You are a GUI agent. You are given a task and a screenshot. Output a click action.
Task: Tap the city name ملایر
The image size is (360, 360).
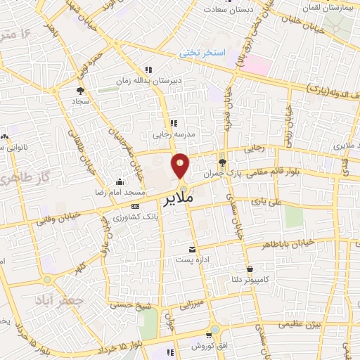[188, 200]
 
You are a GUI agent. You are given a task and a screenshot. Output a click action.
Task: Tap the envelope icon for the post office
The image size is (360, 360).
[192, 249]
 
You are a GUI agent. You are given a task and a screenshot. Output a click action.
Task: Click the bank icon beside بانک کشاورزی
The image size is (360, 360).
[135, 206]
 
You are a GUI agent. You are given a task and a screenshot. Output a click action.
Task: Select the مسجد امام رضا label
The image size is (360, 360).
[124, 192]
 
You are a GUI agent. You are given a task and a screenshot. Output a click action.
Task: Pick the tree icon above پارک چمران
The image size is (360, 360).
[222, 162]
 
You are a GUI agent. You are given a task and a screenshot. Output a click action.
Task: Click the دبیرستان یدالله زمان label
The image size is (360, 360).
[157, 81]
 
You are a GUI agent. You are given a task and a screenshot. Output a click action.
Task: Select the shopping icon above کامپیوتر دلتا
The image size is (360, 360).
[250, 269]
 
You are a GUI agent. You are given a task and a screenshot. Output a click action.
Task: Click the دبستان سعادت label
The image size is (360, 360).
[229, 9]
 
